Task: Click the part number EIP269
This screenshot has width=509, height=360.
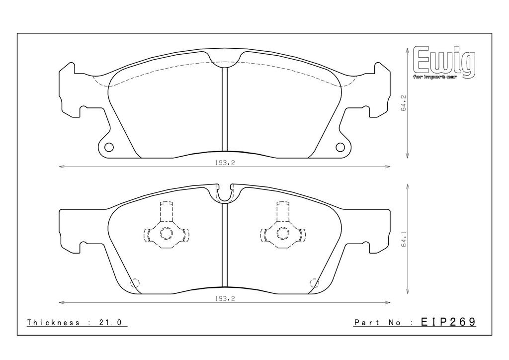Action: tap(448, 322)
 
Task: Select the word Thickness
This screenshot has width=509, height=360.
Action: tap(53, 322)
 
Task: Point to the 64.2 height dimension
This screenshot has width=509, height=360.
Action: tap(404, 103)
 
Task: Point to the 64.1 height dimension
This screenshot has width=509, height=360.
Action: tap(404, 239)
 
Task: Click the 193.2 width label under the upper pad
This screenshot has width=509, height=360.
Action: tap(225, 163)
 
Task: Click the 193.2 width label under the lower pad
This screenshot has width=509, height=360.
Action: tap(225, 299)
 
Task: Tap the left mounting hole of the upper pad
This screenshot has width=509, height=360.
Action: tap(109, 147)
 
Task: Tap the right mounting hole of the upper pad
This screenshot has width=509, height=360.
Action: tap(340, 147)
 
